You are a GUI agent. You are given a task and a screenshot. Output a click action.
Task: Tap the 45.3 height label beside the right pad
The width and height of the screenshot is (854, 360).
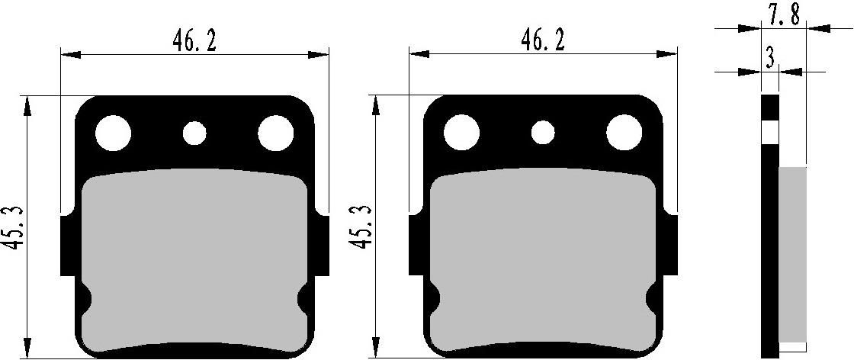[x=358, y=230]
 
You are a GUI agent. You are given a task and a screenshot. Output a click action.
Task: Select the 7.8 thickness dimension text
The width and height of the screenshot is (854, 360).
[x=784, y=14]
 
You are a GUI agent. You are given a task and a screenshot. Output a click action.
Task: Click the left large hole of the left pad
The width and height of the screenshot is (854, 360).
[x=114, y=133]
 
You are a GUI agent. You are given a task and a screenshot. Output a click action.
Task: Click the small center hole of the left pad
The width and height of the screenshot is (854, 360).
[x=194, y=133]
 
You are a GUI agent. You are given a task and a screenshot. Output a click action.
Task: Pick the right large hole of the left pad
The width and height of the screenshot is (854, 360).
[x=275, y=133]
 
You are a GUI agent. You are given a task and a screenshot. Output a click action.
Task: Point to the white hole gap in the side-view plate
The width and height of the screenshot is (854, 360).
[x=770, y=133]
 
